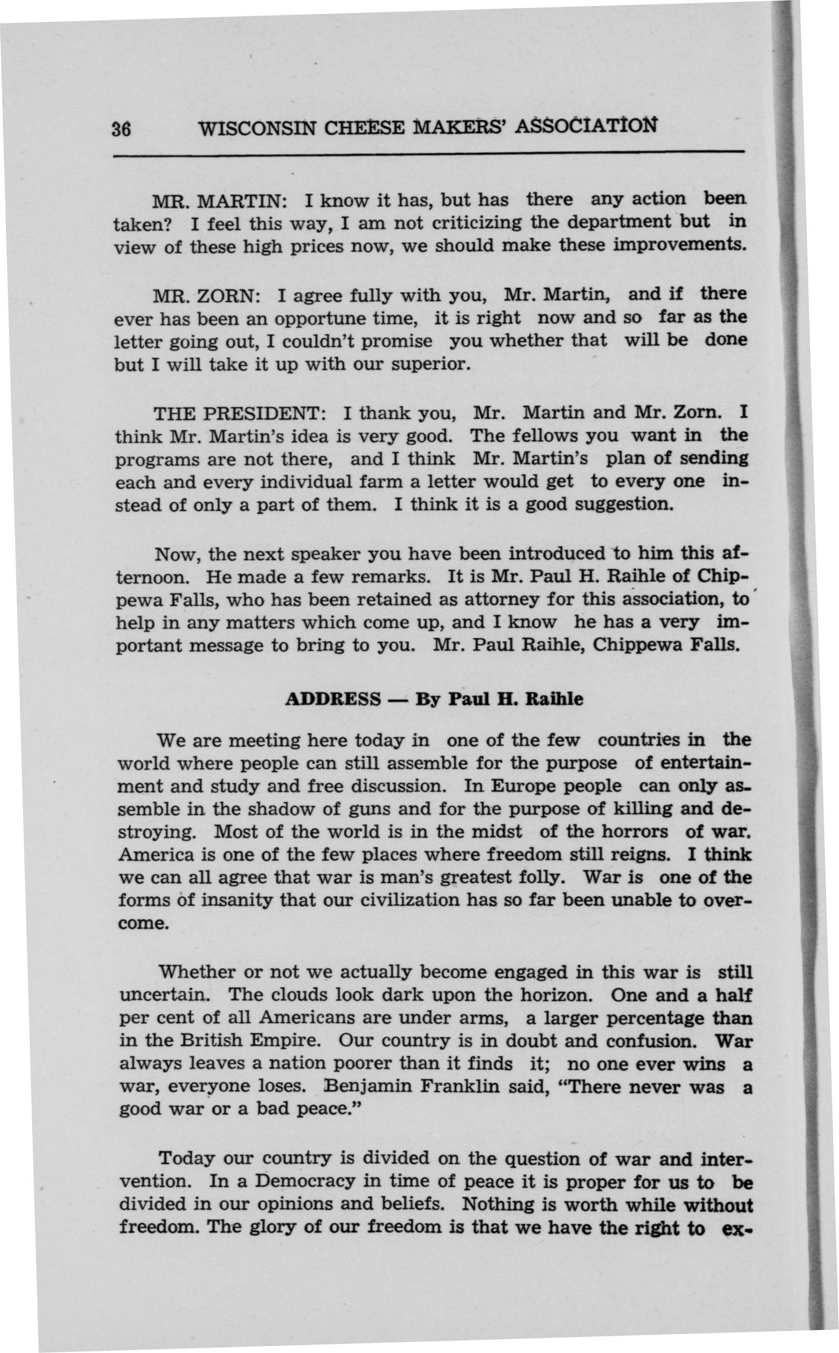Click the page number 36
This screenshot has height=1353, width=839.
pos(121,129)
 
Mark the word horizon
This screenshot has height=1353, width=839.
pos(555,993)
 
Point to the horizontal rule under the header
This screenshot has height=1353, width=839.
pos(428,153)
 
